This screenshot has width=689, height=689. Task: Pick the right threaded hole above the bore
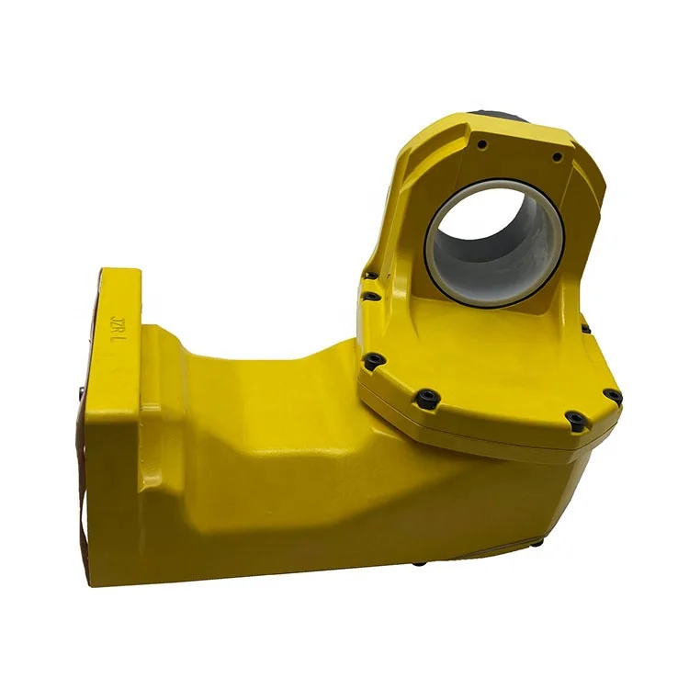pos(557,157)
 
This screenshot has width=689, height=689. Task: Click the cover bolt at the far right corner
pos(612,397)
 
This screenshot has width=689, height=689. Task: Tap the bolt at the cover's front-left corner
pos(374,362)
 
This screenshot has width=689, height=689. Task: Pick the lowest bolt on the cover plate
pos(575,420)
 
